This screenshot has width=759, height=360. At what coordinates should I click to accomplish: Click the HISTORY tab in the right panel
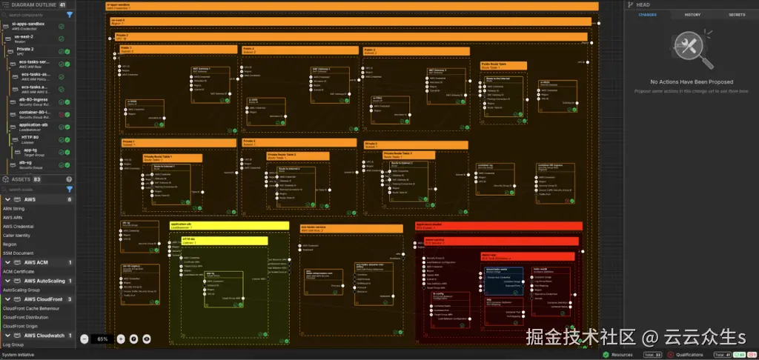[692, 14]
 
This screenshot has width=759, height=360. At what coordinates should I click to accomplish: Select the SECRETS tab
[737, 14]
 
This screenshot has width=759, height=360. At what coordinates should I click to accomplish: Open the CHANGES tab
[647, 14]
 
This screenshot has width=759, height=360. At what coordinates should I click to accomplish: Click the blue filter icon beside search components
[70, 14]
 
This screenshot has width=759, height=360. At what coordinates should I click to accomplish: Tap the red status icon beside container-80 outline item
[61, 115]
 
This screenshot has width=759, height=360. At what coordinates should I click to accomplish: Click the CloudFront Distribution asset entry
[26, 316]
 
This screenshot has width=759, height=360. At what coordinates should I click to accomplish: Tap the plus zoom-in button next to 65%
[121, 339]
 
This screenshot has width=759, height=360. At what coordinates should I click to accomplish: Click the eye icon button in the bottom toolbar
[147, 339]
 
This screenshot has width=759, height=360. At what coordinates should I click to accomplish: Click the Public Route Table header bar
[504, 65]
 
